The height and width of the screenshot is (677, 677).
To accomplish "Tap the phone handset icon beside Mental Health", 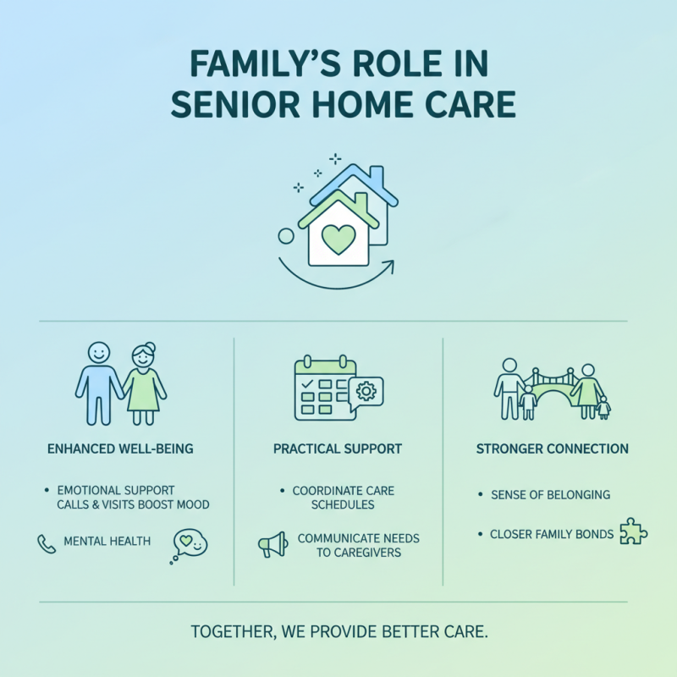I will (47, 542).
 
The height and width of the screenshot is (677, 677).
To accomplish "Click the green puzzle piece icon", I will (633, 532).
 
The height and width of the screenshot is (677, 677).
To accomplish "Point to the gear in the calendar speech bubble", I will (366, 392).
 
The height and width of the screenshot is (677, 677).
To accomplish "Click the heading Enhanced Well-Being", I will (121, 449).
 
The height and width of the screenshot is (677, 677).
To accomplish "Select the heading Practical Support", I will (337, 449).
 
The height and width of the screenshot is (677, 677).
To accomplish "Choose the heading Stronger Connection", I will (553, 449).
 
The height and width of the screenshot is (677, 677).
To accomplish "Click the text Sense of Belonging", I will (550, 494).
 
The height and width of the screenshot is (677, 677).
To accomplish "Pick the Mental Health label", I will (107, 542).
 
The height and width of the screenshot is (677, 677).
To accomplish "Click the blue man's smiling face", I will (99, 351).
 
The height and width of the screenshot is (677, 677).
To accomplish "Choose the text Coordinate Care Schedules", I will (343, 498).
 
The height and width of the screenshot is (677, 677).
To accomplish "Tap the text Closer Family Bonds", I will (552, 535).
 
